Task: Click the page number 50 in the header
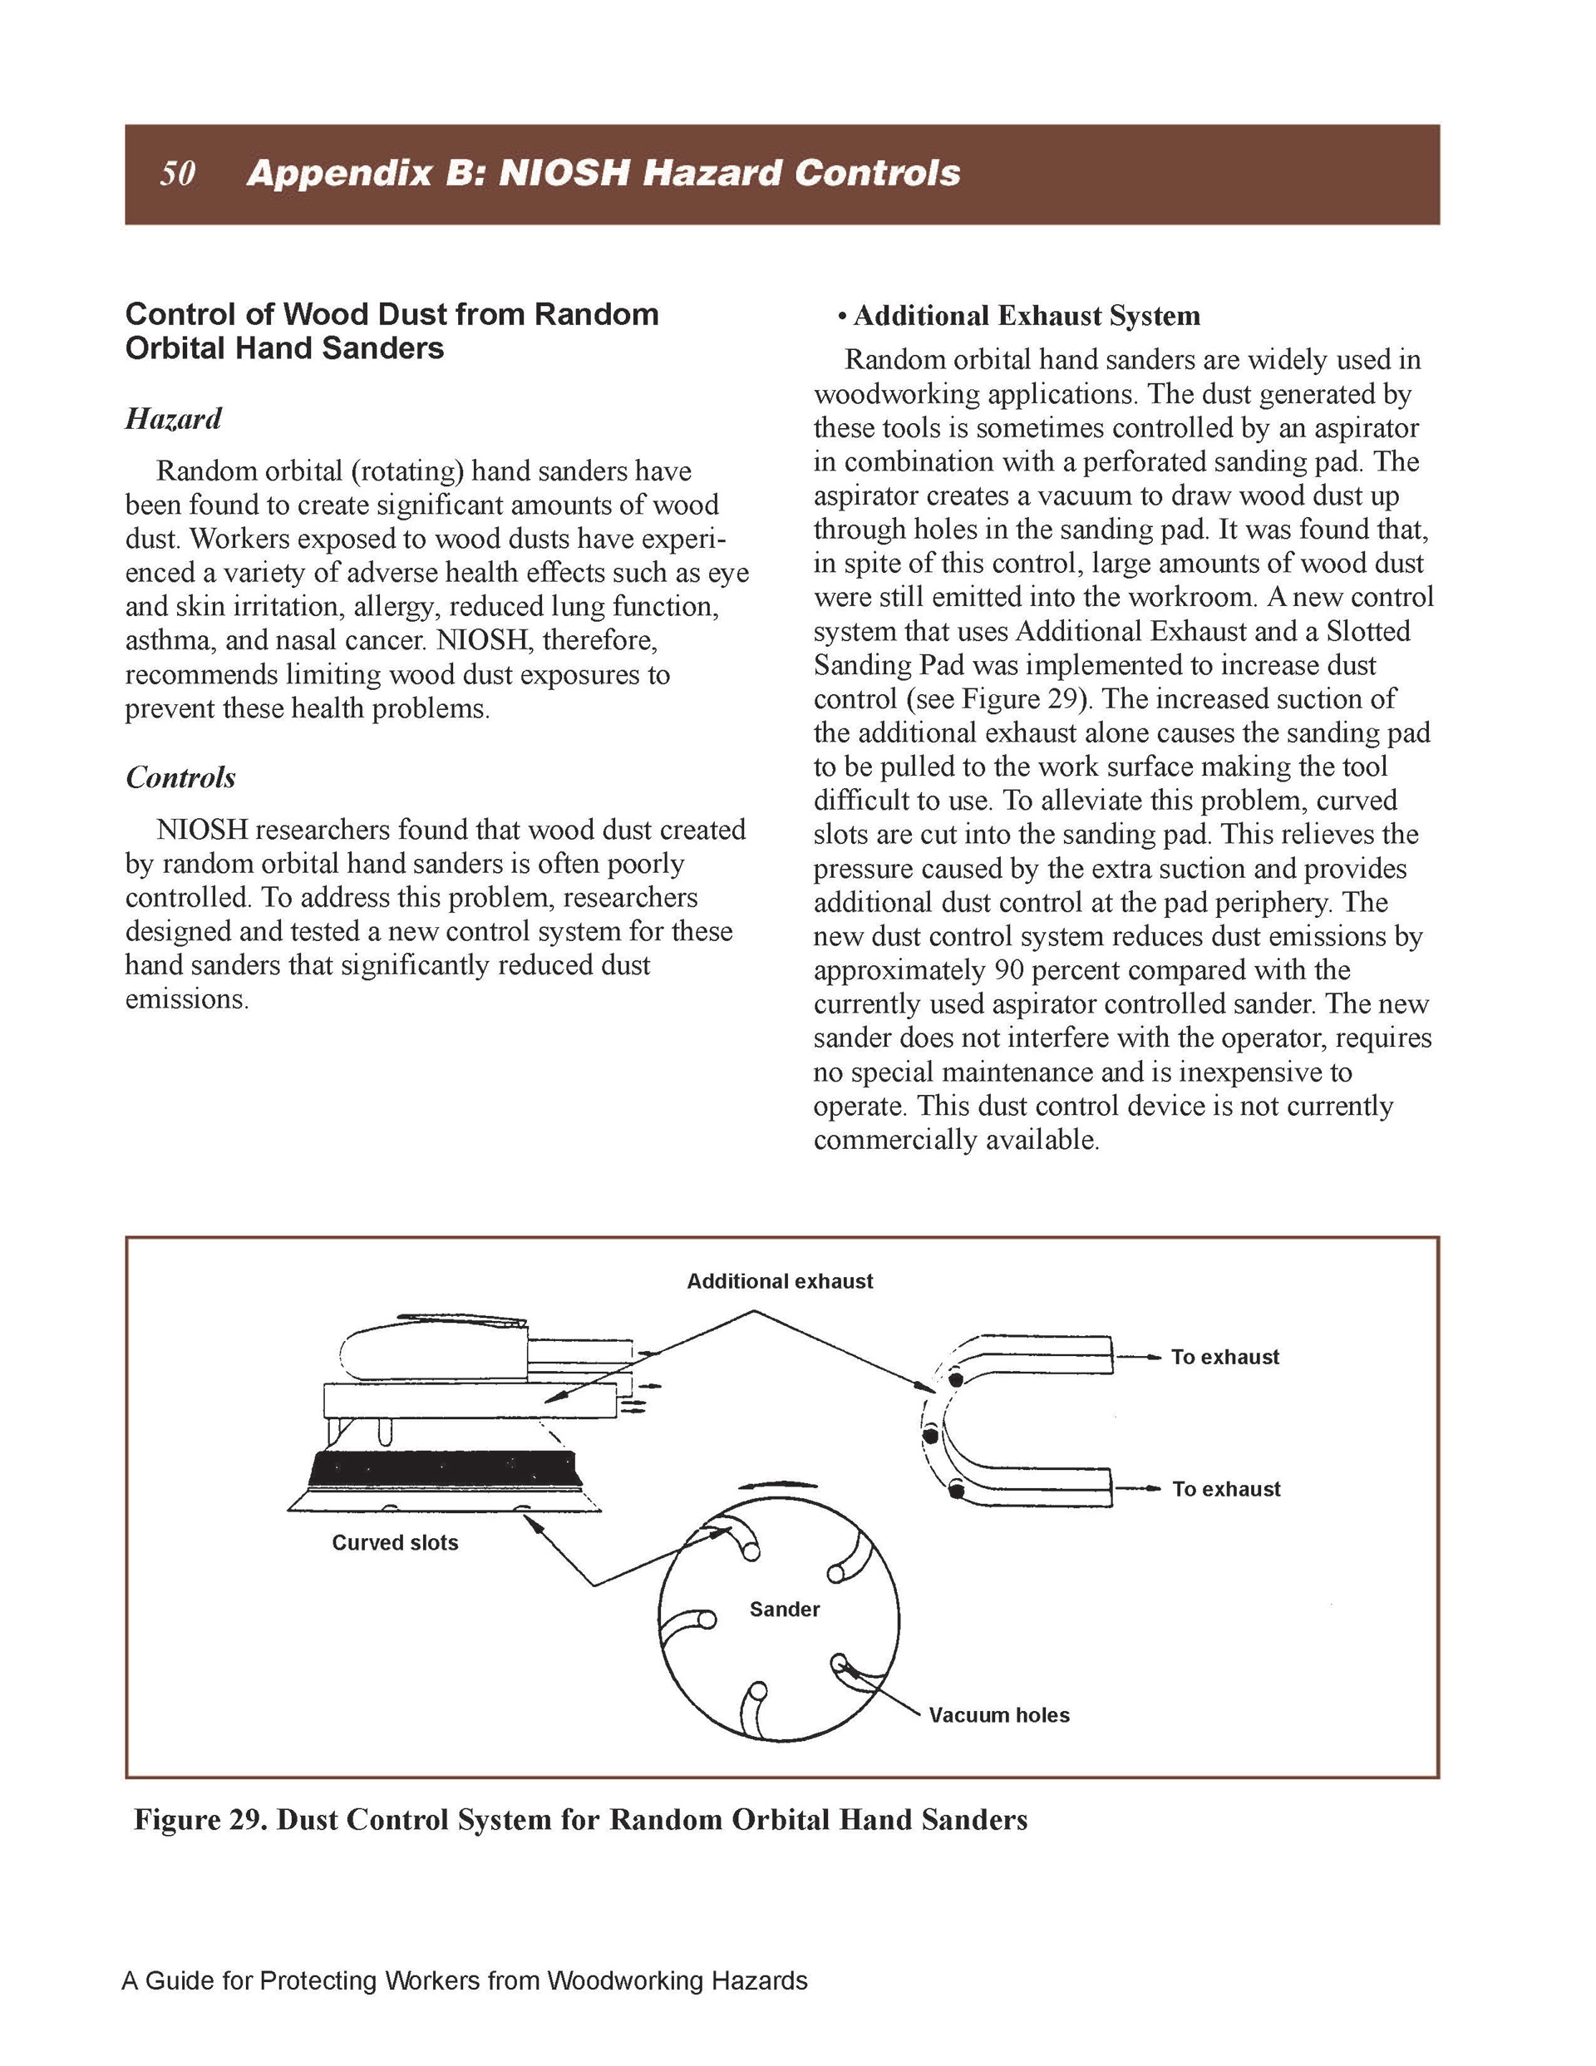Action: tap(178, 173)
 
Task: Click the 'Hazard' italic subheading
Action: tap(173, 418)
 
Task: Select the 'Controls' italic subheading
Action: tap(180, 777)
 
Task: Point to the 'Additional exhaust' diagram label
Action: tap(780, 1281)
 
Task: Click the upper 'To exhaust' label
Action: tap(1224, 1357)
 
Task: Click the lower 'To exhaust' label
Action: tap(1225, 1488)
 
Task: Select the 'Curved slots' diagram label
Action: tap(395, 1542)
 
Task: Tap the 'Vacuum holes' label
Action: tap(998, 1715)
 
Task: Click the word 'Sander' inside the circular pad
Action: tap(784, 1609)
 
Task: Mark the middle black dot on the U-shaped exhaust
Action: tap(931, 1436)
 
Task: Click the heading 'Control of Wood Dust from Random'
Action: tap(392, 314)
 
